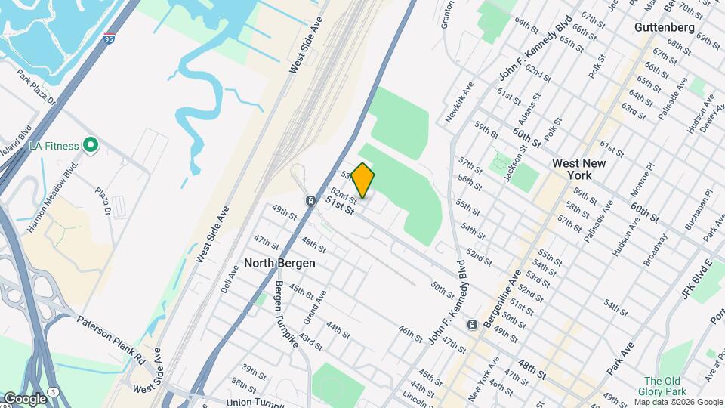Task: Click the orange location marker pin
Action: pos(363,180)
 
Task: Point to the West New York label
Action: pos(581,168)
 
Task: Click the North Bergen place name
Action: pos(279,264)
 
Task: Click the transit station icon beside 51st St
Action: pos(310,200)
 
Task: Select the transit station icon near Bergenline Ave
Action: pos(473,325)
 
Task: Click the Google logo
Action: pos(25,397)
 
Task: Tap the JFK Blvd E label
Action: pos(697,277)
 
